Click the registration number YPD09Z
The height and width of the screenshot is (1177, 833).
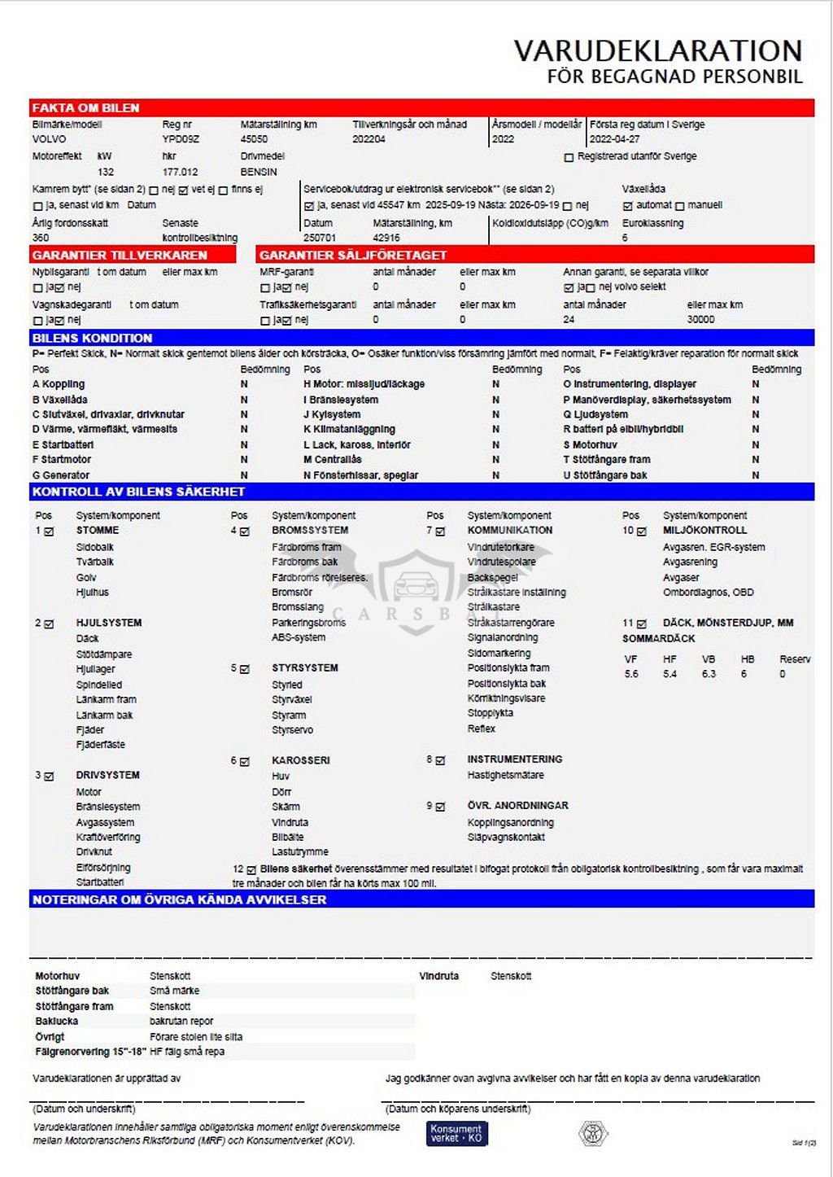(x=180, y=139)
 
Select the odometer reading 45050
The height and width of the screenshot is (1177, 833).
(x=254, y=139)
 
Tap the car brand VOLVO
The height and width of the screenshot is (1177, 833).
(x=49, y=139)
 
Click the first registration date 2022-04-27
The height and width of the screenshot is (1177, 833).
(x=614, y=139)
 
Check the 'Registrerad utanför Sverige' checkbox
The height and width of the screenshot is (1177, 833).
(x=569, y=157)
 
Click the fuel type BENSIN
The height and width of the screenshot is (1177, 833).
(x=259, y=172)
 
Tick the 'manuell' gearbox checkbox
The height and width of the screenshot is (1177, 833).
(x=680, y=206)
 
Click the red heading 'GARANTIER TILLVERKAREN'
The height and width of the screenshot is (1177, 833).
(x=120, y=255)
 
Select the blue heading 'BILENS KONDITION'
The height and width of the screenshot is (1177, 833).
(x=92, y=338)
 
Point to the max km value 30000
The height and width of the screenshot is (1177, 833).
(x=700, y=320)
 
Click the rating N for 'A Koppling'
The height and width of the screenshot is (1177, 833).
(x=244, y=384)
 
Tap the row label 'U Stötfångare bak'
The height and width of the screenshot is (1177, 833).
(x=606, y=475)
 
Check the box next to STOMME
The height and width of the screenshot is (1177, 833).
(x=50, y=532)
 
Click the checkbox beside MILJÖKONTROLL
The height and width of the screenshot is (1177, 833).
(x=642, y=532)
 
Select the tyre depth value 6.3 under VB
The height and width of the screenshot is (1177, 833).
(x=709, y=674)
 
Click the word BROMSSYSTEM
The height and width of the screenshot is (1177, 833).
(x=310, y=530)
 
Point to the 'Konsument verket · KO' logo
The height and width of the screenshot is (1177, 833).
(x=456, y=1133)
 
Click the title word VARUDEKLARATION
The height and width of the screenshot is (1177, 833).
(x=657, y=50)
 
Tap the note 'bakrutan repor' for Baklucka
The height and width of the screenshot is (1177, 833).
(x=181, y=1021)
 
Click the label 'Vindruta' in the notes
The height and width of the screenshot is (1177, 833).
(x=438, y=976)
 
